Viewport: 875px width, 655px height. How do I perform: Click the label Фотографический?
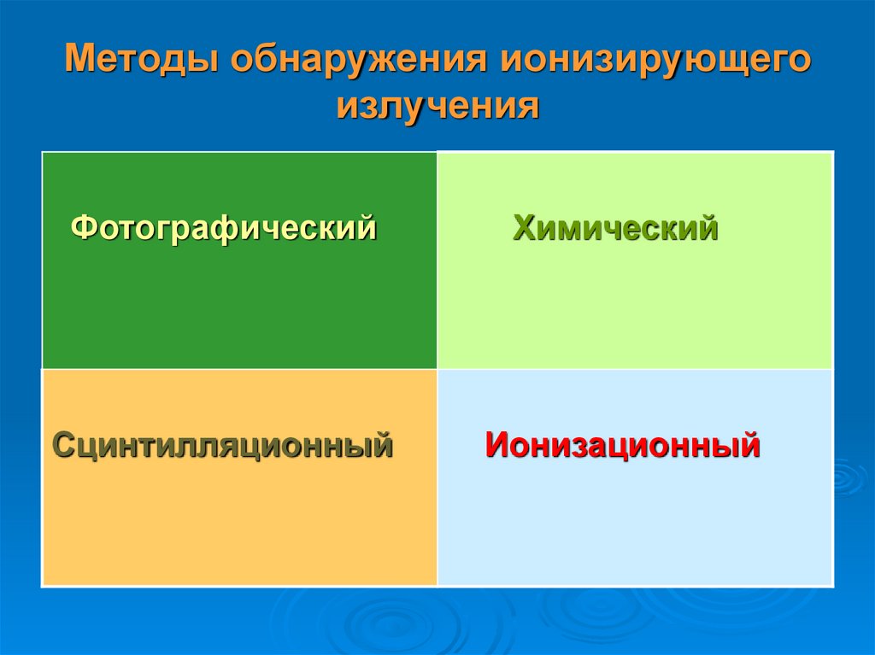[x=224, y=229]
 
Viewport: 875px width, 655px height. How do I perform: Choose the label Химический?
[x=615, y=229]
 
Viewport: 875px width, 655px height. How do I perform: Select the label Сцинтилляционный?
[x=223, y=445]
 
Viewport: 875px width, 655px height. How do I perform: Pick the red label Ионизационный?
[x=623, y=445]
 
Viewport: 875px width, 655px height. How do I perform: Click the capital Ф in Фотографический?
[x=82, y=229]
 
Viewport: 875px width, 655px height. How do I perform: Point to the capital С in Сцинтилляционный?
[x=64, y=445]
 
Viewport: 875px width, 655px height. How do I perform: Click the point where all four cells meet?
[x=437, y=369]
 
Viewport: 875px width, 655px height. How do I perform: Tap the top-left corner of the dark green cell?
[x=43, y=153]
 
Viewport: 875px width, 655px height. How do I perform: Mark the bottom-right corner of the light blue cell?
[x=832, y=586]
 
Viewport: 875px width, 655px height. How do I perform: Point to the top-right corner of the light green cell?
[x=832, y=153]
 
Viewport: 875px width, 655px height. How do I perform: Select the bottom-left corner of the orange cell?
[x=43, y=586]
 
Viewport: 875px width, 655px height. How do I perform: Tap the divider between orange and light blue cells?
[x=437, y=478]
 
